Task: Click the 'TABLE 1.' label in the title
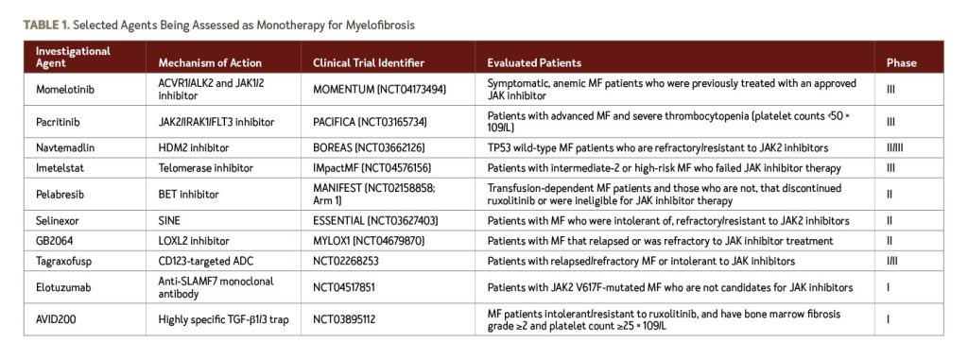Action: click(46, 22)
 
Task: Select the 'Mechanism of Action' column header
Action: click(201, 62)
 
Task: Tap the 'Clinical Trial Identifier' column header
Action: click(368, 62)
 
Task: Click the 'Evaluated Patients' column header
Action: click(534, 62)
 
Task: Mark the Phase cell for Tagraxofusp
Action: click(893, 260)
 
